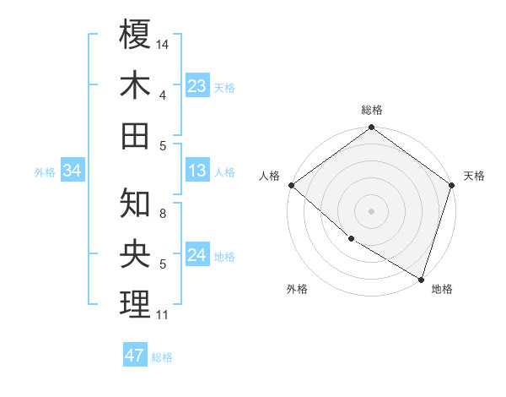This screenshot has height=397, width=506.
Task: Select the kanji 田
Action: [135, 135]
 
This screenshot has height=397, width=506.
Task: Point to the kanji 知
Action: [135, 203]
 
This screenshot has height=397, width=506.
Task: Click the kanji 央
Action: [135, 253]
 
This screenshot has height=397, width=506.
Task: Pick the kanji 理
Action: [135, 304]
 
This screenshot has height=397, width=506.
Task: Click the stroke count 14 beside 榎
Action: [164, 44]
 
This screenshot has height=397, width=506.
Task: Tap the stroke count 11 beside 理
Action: [163, 315]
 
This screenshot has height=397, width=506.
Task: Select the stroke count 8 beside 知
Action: [163, 214]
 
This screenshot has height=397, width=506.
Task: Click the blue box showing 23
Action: [197, 85]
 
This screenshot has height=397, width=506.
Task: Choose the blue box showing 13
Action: [197, 171]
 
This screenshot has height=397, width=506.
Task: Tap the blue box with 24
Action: [197, 255]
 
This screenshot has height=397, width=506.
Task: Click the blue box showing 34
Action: [72, 171]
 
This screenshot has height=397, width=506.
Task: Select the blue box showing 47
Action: [135, 356]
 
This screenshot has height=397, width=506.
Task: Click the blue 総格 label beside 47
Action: [162, 357]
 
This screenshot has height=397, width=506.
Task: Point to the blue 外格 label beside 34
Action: [45, 172]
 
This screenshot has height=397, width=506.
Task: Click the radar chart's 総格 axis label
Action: [372, 110]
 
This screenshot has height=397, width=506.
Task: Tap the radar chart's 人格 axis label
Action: [270, 176]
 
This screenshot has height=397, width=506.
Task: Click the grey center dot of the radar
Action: [372, 210]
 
